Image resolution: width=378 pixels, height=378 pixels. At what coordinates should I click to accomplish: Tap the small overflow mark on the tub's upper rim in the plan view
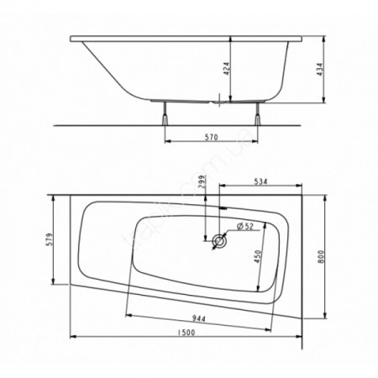(223, 207)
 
